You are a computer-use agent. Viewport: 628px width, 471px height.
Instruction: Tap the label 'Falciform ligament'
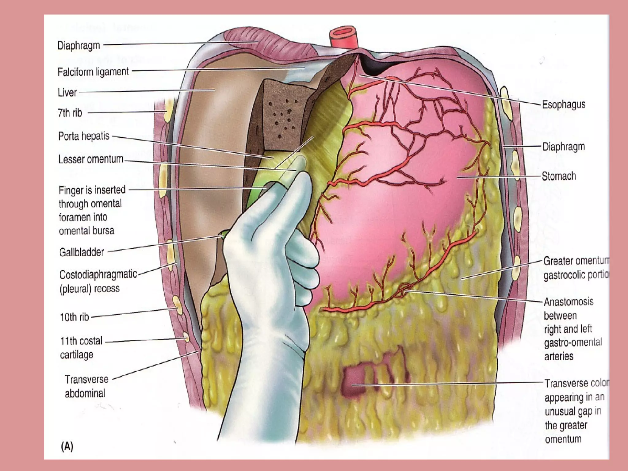pos(93,72)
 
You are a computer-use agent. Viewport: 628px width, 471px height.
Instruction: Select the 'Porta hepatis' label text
pos(84,136)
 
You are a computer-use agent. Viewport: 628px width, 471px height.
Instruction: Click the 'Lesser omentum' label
pos(90,159)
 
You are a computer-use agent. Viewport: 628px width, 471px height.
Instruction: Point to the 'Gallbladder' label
pos(82,252)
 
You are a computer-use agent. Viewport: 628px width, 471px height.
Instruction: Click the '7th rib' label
pos(70,113)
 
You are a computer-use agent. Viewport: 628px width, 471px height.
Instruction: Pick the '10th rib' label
pos(75,317)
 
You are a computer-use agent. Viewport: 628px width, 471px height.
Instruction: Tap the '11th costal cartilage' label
pos(81,347)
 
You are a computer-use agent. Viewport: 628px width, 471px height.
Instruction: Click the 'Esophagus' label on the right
pos(564,105)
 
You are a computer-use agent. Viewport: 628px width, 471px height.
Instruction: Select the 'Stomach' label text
pos(559,176)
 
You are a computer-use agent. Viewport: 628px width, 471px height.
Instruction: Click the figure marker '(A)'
pos(67,446)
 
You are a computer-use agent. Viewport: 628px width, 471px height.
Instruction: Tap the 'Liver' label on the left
pos(67,92)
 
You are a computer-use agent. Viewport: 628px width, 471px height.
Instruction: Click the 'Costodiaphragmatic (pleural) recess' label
pos(98,281)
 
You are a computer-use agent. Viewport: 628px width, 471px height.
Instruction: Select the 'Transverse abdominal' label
pos(86,386)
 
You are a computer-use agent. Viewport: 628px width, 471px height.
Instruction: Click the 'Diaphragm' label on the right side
pos(564,147)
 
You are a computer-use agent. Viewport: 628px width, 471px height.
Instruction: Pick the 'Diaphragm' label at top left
pos(78,45)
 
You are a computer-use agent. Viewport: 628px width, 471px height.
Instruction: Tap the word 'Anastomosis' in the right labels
pos(569,302)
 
